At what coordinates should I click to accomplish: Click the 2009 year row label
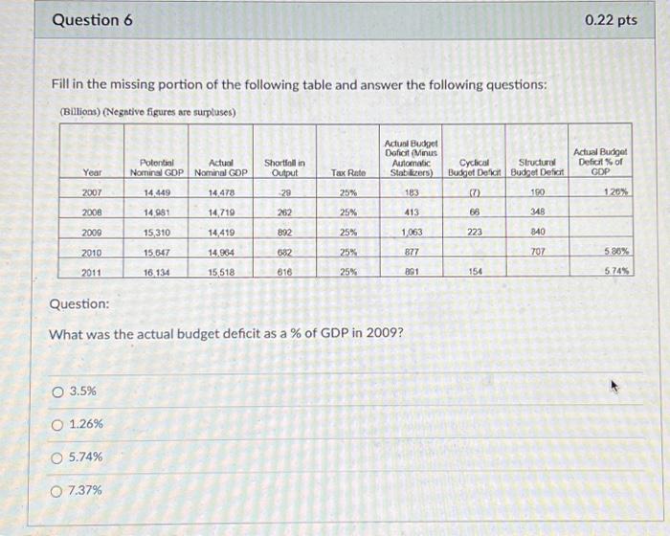point(92,232)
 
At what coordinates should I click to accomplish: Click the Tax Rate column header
point(348,172)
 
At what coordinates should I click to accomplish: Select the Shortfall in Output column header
point(284,167)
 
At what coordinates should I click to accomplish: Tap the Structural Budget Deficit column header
point(537,167)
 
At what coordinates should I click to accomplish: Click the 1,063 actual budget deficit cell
point(412,232)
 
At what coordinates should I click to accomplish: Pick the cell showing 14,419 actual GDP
point(221,232)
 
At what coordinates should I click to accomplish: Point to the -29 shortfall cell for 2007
point(284,192)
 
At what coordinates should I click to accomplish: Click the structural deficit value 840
point(537,232)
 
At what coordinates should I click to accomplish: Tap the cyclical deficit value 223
point(475,232)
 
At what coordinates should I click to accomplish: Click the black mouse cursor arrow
point(615,389)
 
